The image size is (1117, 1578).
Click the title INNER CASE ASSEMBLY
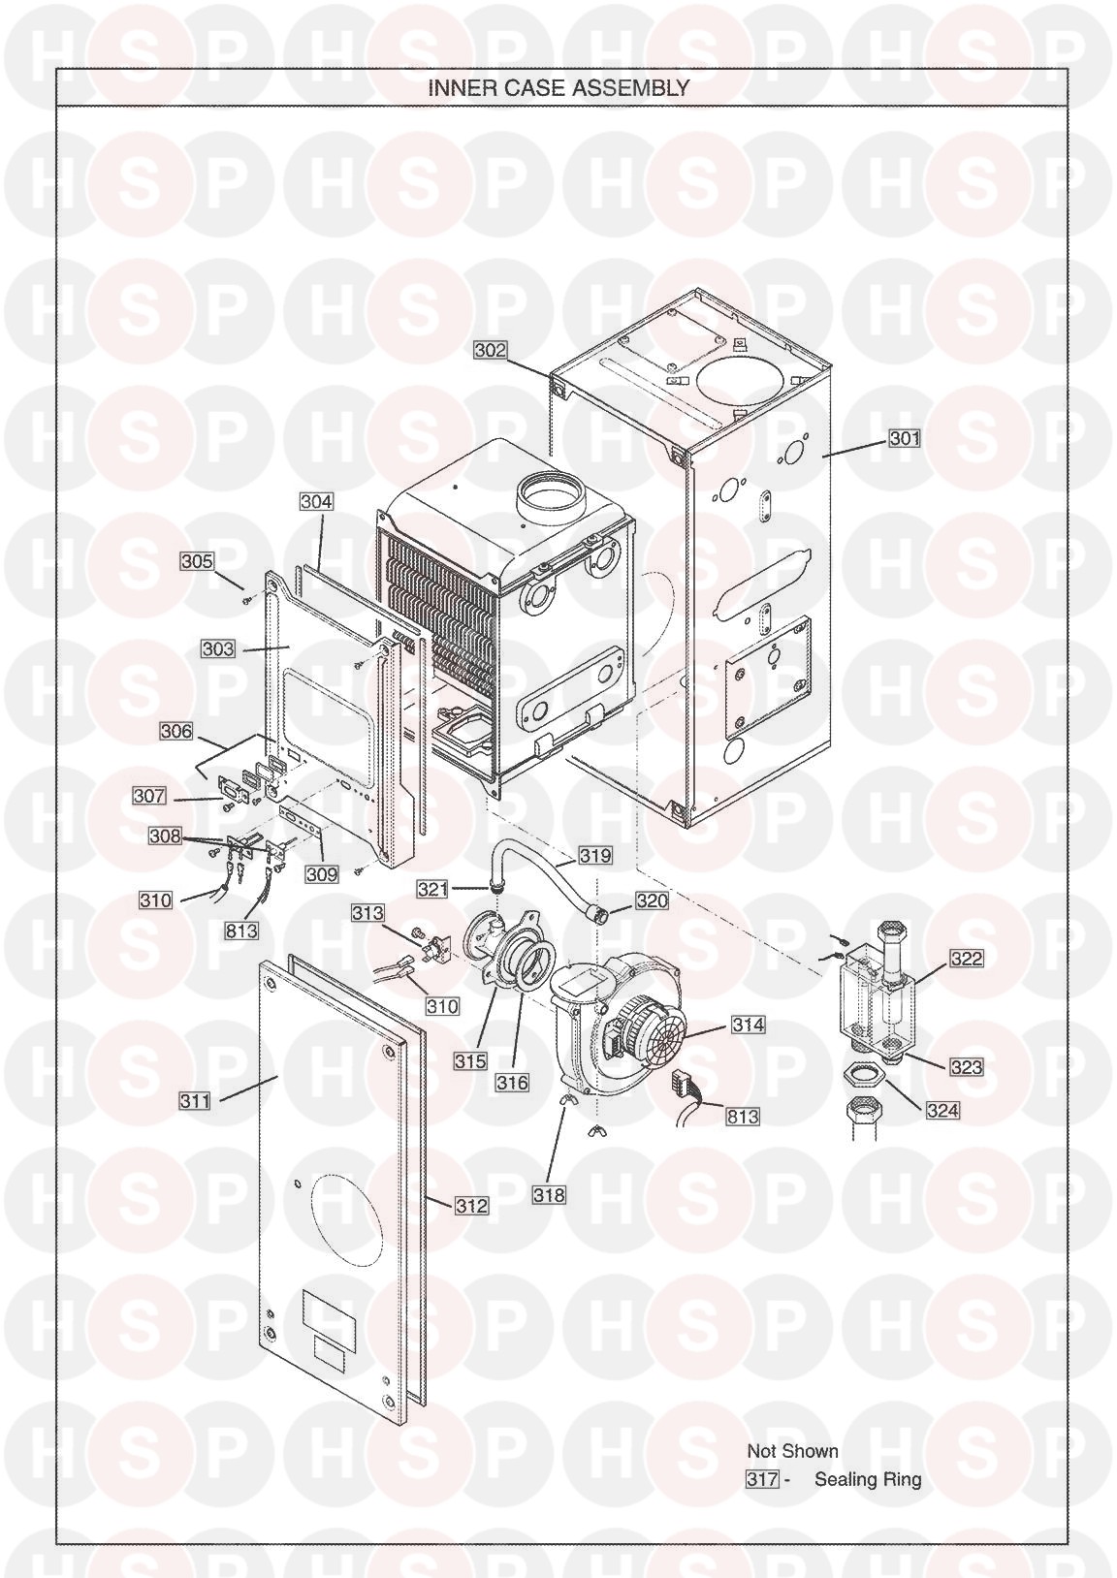point(558,87)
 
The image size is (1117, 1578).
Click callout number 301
point(905,438)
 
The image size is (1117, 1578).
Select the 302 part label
point(491,349)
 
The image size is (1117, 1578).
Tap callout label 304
point(316,501)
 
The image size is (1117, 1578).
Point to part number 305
point(197,561)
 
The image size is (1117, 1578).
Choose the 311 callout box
point(195,1100)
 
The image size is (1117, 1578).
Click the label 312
point(471,1205)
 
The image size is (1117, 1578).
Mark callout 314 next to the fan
point(748,1024)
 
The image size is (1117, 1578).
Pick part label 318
point(549,1194)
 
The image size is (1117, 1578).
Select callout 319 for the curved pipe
point(595,855)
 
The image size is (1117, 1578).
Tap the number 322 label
point(966,958)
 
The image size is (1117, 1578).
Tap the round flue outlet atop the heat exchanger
point(550,495)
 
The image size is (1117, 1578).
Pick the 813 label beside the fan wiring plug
point(743,1116)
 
